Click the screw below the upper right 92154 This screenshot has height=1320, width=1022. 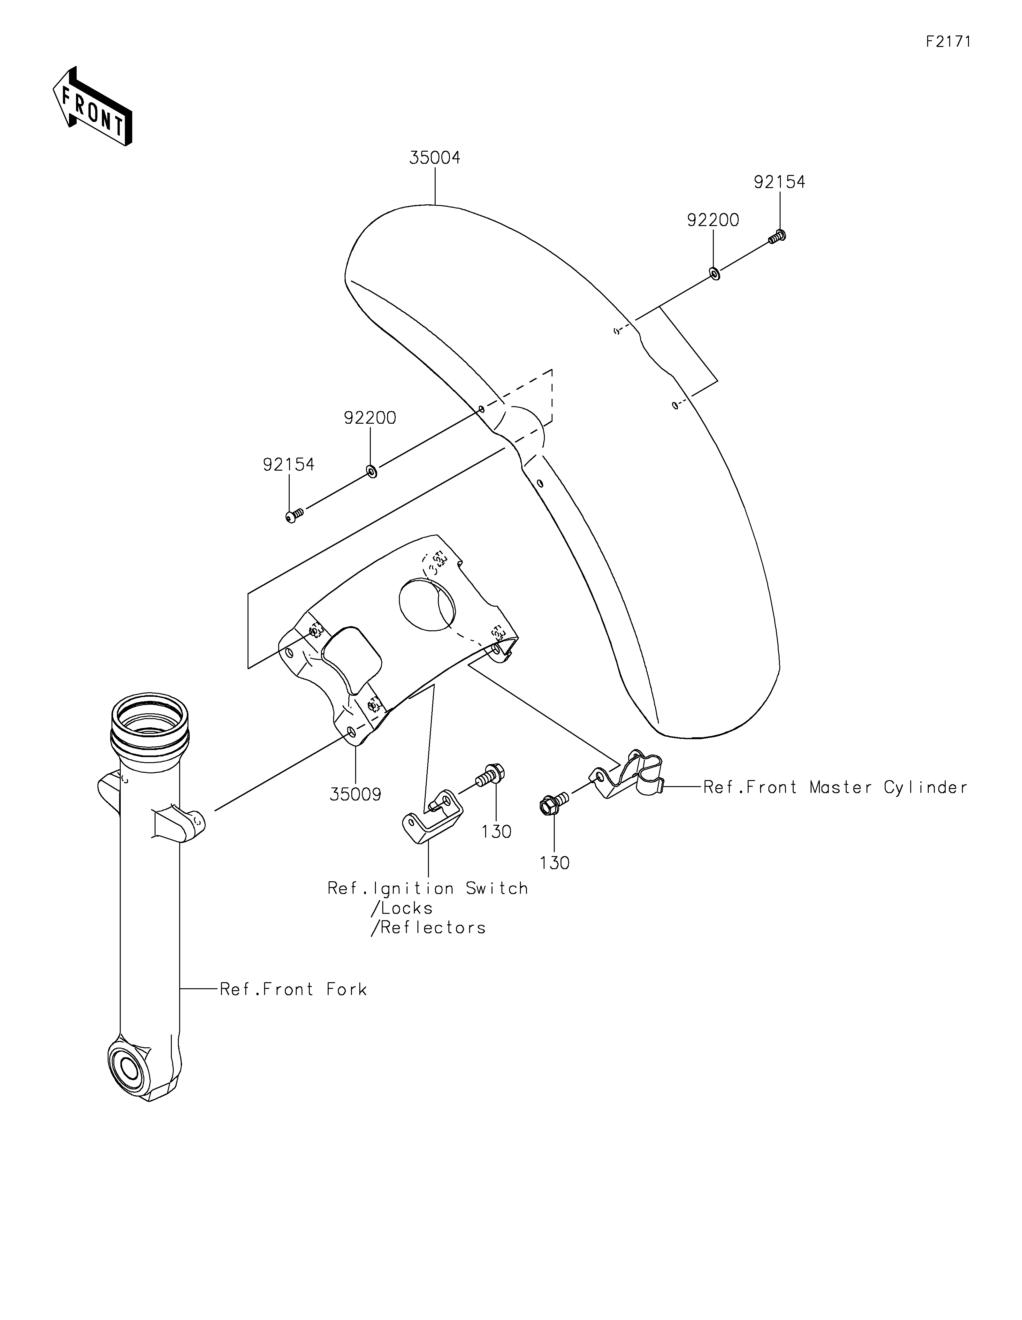click(777, 237)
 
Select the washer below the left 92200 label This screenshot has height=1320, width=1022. click(372, 471)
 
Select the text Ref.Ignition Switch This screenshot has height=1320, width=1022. click(427, 888)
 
